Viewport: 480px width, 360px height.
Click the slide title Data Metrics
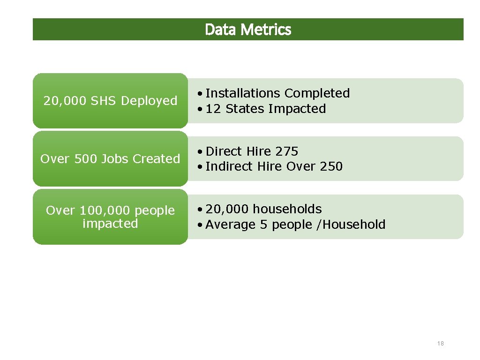pyautogui.click(x=248, y=30)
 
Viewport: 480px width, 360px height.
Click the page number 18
pyautogui.click(x=440, y=344)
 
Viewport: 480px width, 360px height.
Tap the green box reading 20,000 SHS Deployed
pyautogui.click(x=110, y=101)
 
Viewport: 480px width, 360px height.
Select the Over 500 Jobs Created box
pyautogui.click(x=110, y=159)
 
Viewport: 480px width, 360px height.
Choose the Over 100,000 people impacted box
pyautogui.click(x=110, y=217)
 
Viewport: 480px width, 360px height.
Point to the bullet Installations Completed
pyautogui.click(x=277, y=93)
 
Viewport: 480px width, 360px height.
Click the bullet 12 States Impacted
pyautogui.click(x=266, y=109)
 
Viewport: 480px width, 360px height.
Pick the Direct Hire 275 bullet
pyautogui.click(x=252, y=151)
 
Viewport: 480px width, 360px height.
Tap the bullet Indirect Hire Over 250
pyautogui.click(x=274, y=166)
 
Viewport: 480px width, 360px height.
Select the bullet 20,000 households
pyautogui.click(x=263, y=209)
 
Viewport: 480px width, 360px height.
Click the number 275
pyautogui.click(x=286, y=151)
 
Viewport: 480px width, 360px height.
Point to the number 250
pyautogui.click(x=331, y=166)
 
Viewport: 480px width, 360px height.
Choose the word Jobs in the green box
pyautogui.click(x=115, y=159)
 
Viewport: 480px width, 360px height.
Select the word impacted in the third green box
pyautogui.click(x=110, y=224)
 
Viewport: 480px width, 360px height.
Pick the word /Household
pyautogui.click(x=351, y=225)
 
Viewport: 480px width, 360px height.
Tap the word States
pyautogui.click(x=245, y=109)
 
